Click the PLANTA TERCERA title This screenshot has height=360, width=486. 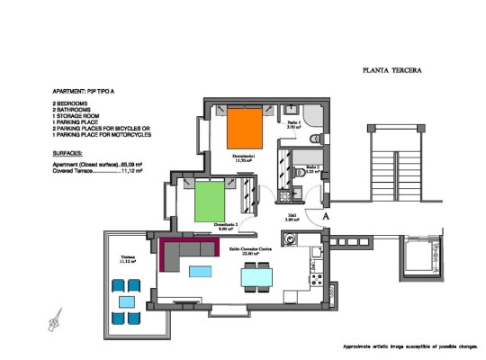point(391,68)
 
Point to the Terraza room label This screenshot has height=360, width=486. point(130,258)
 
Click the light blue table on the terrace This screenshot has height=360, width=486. point(127,301)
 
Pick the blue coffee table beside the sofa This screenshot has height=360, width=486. point(201,271)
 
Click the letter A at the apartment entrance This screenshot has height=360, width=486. point(327,216)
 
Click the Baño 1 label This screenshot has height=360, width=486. point(293,124)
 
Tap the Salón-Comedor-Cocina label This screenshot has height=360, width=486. point(245,251)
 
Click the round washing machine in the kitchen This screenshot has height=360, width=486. point(291,239)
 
